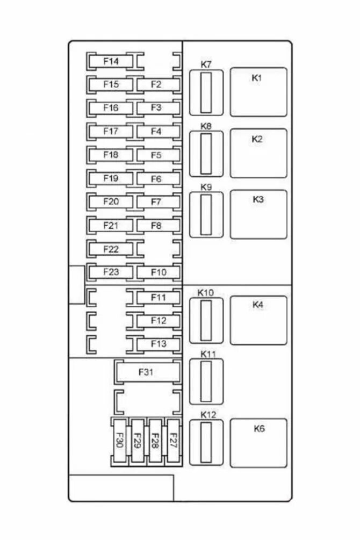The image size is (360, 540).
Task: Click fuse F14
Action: (x=111, y=61)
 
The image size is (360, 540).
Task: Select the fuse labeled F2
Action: (x=157, y=84)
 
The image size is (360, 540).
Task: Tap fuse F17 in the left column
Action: (x=111, y=131)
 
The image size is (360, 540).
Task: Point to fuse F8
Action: (x=157, y=226)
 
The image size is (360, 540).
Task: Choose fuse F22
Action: (x=111, y=249)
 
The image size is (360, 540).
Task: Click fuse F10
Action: (x=158, y=272)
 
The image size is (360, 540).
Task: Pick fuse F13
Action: (x=158, y=343)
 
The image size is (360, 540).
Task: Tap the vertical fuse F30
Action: (x=120, y=441)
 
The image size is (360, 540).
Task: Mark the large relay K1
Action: (x=258, y=92)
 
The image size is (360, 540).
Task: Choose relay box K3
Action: (x=258, y=214)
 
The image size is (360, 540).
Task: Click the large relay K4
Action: (x=258, y=320)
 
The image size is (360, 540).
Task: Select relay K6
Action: (x=258, y=443)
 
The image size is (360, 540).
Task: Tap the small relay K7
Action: (x=206, y=92)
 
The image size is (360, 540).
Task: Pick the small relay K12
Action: (x=206, y=443)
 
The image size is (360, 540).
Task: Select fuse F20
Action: (x=111, y=202)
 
